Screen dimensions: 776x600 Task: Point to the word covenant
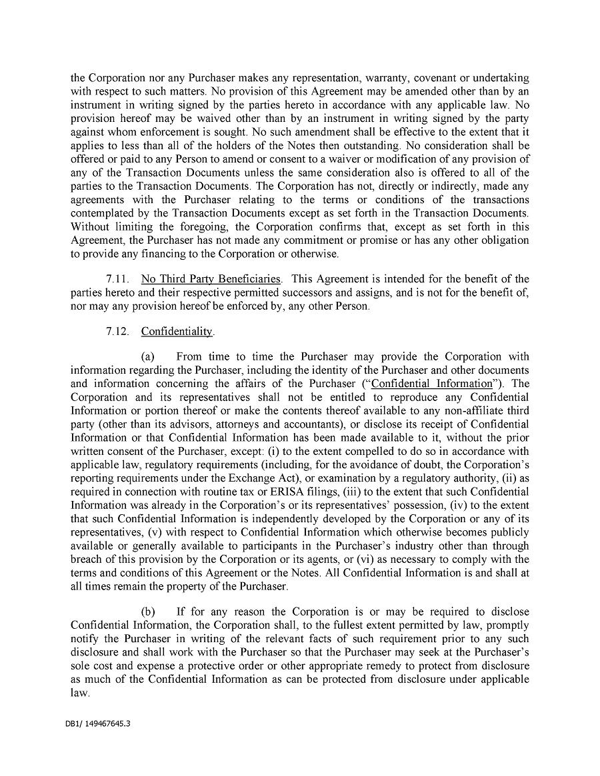click(x=435, y=78)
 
